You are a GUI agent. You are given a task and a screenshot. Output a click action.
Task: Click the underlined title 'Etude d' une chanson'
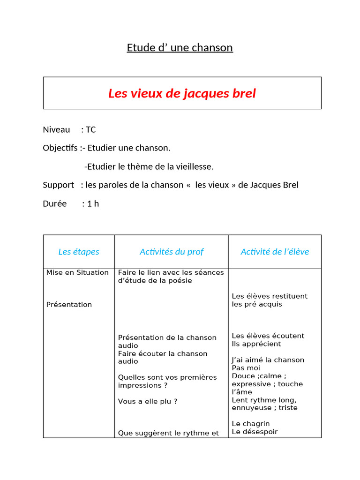(x=180, y=48)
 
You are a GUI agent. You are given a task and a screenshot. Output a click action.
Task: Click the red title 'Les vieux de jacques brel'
(x=182, y=93)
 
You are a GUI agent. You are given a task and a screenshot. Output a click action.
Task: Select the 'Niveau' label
(x=56, y=129)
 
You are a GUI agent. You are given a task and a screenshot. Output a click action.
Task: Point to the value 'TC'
(x=90, y=129)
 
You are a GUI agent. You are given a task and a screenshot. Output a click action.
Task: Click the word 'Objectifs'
(x=60, y=148)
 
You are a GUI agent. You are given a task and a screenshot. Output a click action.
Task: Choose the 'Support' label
(x=58, y=185)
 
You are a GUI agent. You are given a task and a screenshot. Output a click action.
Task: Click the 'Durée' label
(x=54, y=203)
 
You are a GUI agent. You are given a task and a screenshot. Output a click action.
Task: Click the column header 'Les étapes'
(x=79, y=252)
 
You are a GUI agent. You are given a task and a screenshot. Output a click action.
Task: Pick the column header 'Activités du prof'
(x=172, y=252)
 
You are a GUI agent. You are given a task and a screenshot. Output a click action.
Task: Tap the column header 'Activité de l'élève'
(x=275, y=252)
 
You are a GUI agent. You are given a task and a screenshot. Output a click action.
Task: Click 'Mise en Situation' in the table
(x=77, y=272)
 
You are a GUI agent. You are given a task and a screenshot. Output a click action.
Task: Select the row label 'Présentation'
(x=69, y=305)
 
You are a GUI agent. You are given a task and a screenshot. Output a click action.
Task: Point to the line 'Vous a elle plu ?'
(x=148, y=401)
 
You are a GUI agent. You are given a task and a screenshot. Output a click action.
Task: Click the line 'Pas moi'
(x=246, y=368)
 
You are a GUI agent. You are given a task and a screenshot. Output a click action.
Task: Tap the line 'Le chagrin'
(x=251, y=424)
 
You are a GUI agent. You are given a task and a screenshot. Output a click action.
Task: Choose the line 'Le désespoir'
(x=255, y=432)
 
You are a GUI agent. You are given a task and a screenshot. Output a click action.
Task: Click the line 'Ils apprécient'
(x=256, y=344)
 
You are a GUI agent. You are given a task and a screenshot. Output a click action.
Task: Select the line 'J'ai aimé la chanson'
(x=268, y=360)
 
